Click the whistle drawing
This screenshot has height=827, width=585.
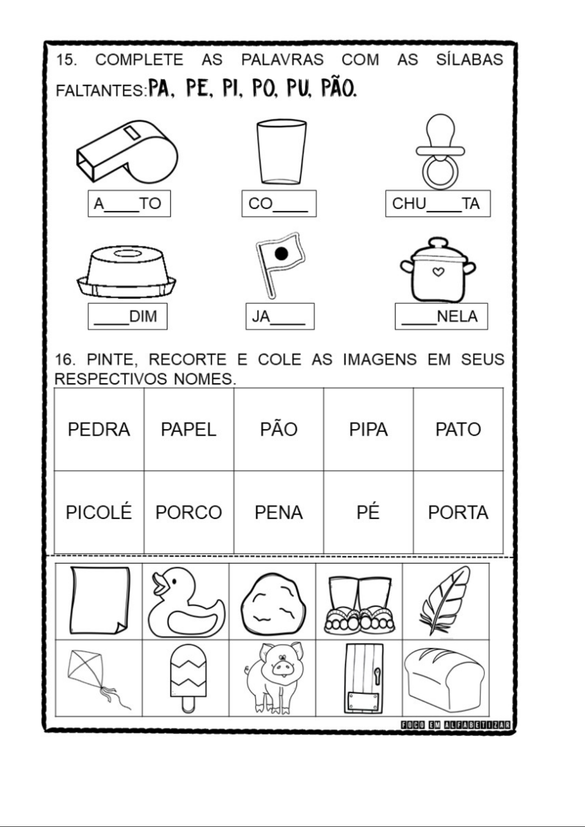pos(127,151)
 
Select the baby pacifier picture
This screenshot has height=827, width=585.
pos(440,151)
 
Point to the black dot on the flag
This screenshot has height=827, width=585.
pos(282,254)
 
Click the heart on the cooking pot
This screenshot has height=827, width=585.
pos(438,272)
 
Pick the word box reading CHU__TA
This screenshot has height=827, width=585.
pos(438,203)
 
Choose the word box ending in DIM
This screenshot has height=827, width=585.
pos(127,317)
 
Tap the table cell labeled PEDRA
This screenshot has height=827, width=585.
pos(99,429)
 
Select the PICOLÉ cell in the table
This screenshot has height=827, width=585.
pos(99,512)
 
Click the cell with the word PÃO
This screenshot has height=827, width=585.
pos(279,429)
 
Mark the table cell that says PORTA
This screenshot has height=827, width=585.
pos(458,512)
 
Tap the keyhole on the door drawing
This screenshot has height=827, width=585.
pos(377,674)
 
